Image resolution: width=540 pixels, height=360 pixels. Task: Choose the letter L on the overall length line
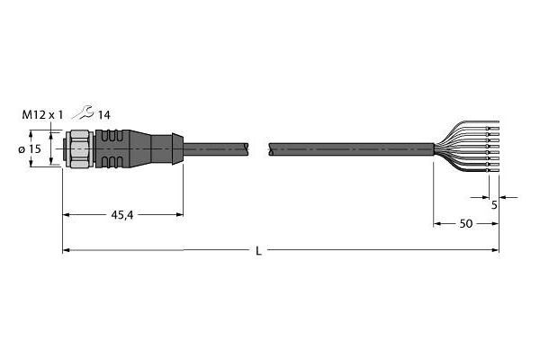point(259,251)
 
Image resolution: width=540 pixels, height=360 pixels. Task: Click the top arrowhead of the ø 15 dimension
point(32,133)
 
